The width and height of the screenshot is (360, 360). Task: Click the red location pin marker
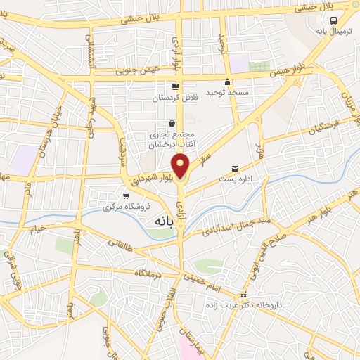point(181,165)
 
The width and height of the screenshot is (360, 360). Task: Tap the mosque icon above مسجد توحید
point(227,81)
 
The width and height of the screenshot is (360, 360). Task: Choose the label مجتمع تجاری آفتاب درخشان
point(172,139)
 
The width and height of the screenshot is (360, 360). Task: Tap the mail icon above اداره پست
point(235,168)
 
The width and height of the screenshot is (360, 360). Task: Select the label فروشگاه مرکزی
point(123,207)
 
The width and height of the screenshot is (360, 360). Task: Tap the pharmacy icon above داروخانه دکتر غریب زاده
point(244,295)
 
